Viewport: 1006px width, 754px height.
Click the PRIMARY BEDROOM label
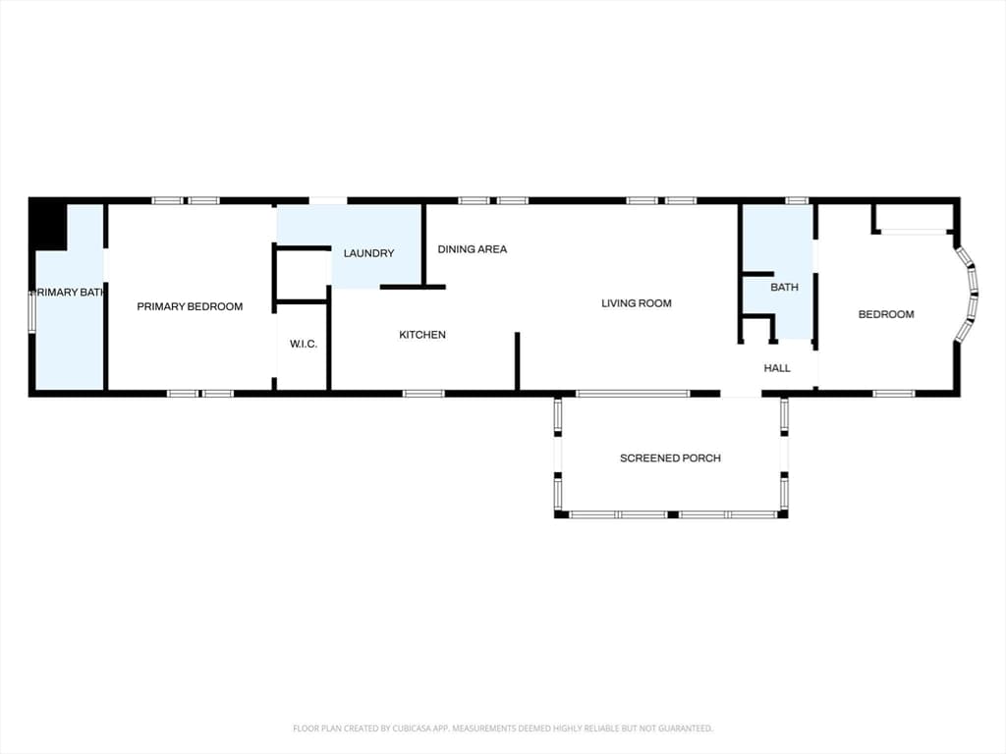[190, 306]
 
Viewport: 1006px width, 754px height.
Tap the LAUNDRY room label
[369, 253]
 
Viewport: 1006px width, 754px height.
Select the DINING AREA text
[473, 248]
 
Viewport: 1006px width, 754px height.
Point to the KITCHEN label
[422, 335]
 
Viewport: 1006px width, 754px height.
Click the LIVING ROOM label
[637, 303]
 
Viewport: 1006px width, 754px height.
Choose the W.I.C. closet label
[304, 344]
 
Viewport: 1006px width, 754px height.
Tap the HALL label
[777, 368]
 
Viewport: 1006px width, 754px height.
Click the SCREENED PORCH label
[670, 458]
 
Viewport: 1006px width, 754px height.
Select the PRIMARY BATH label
[68, 293]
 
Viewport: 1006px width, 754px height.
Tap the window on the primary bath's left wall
[32, 311]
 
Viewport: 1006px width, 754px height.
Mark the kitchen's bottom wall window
[423, 394]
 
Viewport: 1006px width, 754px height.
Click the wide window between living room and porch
[633, 394]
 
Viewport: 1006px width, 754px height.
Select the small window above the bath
[797, 200]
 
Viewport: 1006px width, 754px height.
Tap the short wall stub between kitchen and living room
[517, 361]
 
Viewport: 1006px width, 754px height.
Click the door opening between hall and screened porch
[741, 394]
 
